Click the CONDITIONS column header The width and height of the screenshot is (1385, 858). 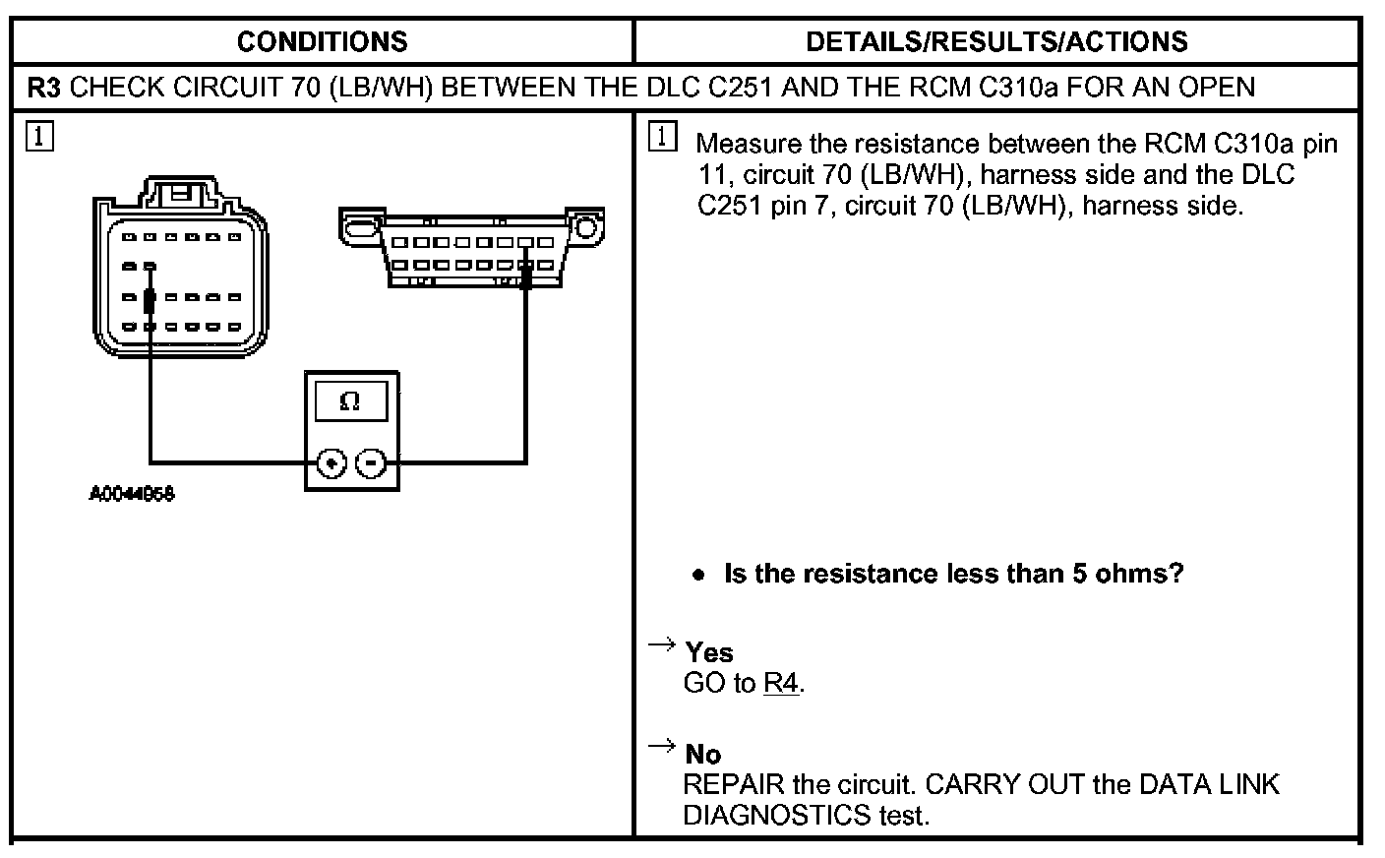point(322,41)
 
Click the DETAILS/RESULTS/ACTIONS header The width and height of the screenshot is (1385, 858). point(996,41)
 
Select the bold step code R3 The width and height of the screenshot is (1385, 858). point(45,88)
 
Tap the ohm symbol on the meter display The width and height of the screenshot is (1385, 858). point(349,401)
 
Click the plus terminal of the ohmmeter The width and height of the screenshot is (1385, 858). point(332,461)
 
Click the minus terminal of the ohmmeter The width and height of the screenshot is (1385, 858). point(370,461)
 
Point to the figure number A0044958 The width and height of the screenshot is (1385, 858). point(132,494)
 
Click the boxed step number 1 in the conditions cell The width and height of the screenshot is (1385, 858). point(39,136)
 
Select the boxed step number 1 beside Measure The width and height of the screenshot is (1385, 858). point(663,137)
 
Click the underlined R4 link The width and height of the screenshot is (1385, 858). point(781,683)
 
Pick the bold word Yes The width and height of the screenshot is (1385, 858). point(709,652)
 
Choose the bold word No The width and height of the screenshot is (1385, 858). point(703,754)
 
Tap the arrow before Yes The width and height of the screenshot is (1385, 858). point(661,645)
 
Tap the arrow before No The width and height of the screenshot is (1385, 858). point(661,747)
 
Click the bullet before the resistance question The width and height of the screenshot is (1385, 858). point(698,575)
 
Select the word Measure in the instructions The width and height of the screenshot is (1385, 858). point(749,144)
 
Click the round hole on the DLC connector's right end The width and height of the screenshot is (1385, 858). point(586,228)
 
